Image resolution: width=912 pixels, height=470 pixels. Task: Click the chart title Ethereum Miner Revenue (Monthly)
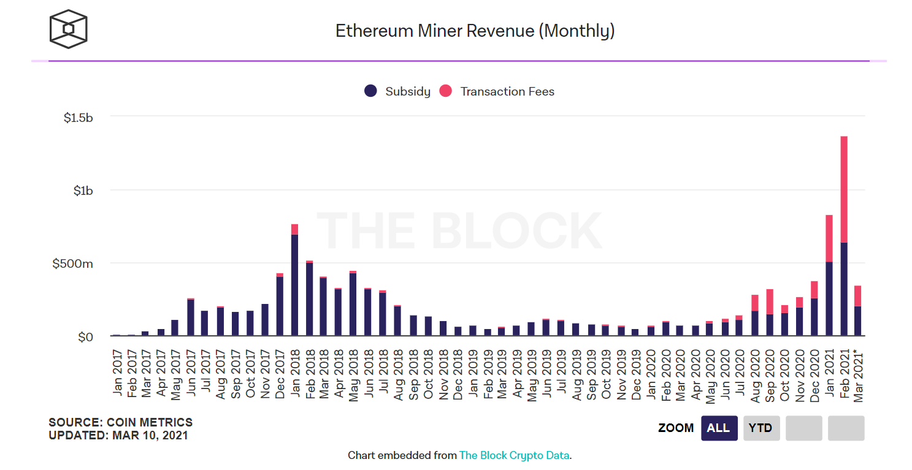coord(475,31)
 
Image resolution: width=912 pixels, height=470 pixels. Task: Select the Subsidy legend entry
coord(397,91)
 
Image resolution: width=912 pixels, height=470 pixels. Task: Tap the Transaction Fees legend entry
coord(497,91)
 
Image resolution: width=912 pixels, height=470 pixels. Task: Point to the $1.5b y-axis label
coord(79,117)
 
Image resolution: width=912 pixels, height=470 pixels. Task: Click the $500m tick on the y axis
coord(72,263)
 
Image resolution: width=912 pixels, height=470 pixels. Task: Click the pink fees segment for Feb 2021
coord(844,189)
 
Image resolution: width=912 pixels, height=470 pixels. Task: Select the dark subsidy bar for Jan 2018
coord(294,285)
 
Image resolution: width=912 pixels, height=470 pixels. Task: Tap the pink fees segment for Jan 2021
coord(829,238)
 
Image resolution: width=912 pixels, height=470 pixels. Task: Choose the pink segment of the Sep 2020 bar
coord(770,301)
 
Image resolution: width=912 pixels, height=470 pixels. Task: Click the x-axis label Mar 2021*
coord(859,375)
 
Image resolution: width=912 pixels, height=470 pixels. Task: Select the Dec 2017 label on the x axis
coord(280,373)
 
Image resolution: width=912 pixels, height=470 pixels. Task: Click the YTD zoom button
coord(761,428)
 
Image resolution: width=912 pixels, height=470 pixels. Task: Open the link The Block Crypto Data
coord(515,455)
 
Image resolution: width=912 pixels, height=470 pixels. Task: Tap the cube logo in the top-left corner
coord(68,29)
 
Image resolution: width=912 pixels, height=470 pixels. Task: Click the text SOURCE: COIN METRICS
coord(120,422)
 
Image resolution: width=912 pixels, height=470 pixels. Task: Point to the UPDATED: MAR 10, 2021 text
coord(118,436)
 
